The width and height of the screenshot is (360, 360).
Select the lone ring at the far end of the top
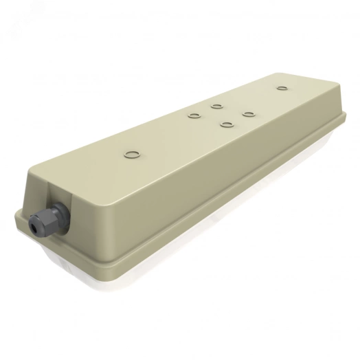pos(280,88)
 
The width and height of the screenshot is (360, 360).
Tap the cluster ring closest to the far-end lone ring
pos(247,113)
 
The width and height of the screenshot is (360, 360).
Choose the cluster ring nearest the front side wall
pos(225,124)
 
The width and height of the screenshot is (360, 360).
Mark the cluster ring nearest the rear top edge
pos(216,106)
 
